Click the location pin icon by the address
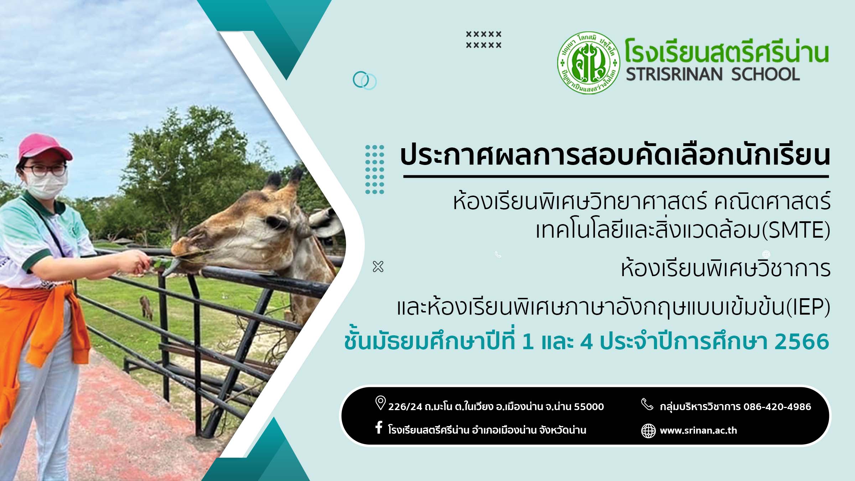(x=380, y=403)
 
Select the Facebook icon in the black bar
(x=379, y=427)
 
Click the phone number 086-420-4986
(x=777, y=407)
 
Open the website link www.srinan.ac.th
(x=698, y=430)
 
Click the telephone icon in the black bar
(x=647, y=404)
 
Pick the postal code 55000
(x=589, y=407)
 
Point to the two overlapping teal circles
(x=364, y=81)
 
